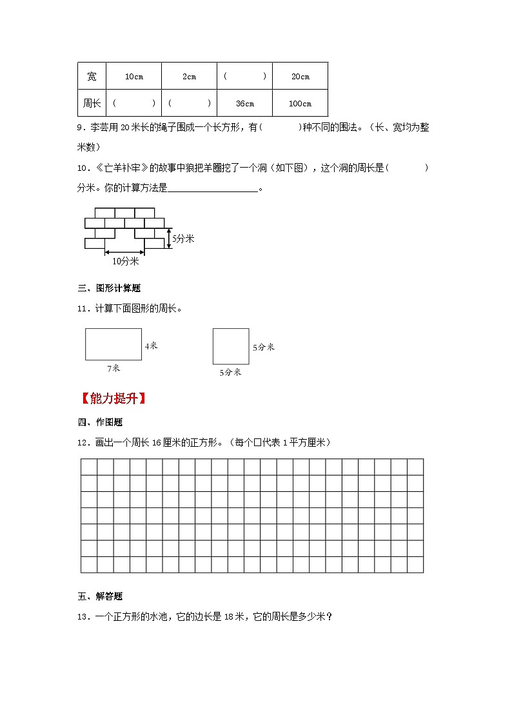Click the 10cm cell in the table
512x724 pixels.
point(133,77)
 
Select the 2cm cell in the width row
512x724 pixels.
point(189,77)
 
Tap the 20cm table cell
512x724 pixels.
point(300,77)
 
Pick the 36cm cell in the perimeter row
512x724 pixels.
point(244,103)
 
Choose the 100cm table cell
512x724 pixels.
point(300,103)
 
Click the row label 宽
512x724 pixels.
point(92,77)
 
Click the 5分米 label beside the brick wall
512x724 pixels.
point(183,239)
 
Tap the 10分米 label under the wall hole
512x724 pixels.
point(126,261)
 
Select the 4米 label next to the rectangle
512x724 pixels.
point(151,346)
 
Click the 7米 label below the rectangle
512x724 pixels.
point(113,368)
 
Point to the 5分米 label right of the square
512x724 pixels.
point(263,347)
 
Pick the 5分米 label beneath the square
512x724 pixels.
point(230,372)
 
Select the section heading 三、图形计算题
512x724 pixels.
point(109,288)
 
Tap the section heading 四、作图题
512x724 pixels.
point(100,422)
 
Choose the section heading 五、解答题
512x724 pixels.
point(100,596)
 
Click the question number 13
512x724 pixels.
point(82,617)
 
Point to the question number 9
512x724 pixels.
point(80,128)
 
